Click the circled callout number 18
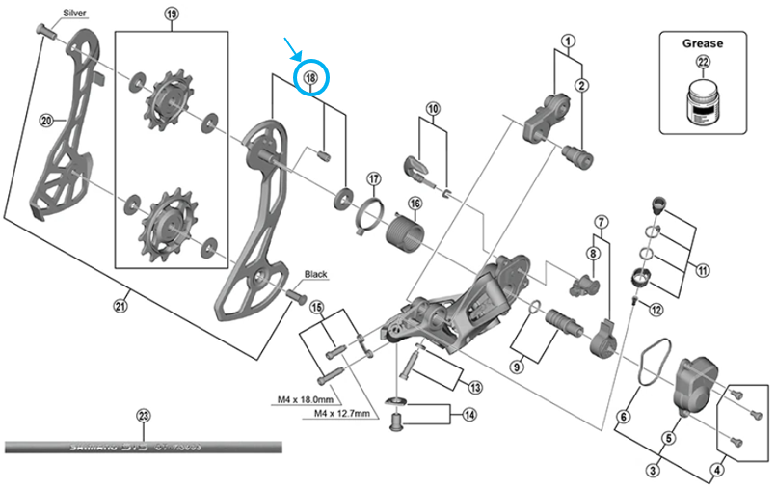coord(311,76)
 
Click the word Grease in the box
coord(702,43)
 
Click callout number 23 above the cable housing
coord(144,417)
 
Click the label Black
coord(315,274)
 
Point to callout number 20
coord(44,121)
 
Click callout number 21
coord(120,307)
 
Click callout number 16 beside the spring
coord(414,204)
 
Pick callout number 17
coord(373,178)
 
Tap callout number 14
coord(468,416)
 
